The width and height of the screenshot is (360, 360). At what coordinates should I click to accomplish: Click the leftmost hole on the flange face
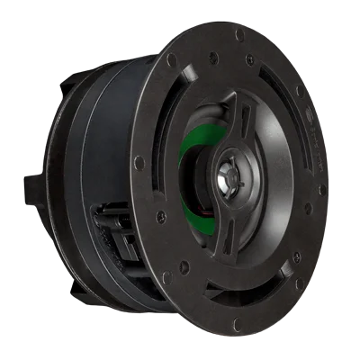[x=139, y=163]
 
